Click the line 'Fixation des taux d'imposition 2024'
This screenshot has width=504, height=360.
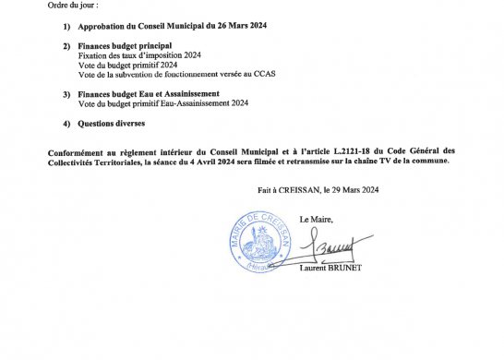[134, 54]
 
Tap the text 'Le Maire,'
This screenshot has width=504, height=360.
[318, 220]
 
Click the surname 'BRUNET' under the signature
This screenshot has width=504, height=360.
[346, 269]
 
